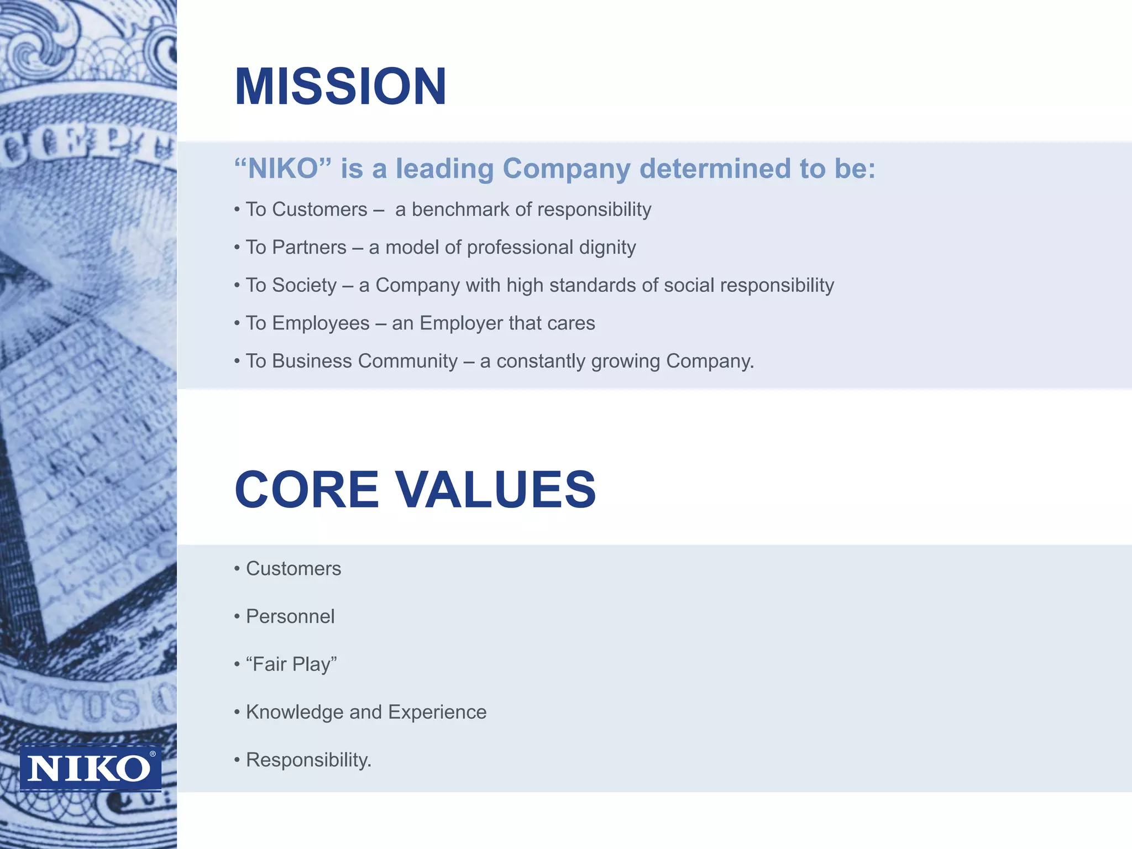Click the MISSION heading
click(340, 87)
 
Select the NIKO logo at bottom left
click(90, 768)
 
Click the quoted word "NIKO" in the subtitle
click(284, 169)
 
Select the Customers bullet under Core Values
click(293, 569)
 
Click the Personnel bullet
click(290, 616)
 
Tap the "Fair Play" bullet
click(291, 664)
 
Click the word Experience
click(437, 712)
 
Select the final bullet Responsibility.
click(308, 760)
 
